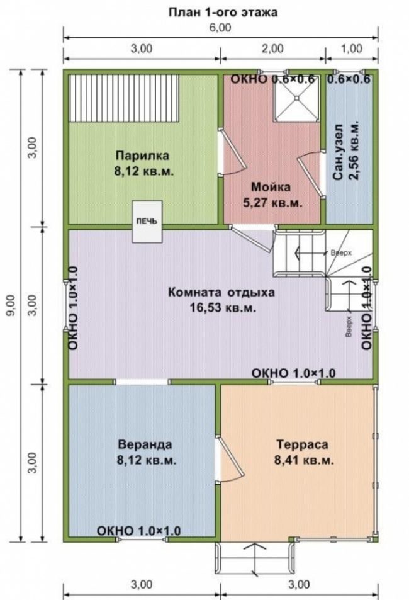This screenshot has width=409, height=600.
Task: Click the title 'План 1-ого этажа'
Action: pyautogui.click(x=223, y=12)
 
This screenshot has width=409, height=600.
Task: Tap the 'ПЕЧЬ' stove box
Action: pyautogui.click(x=147, y=221)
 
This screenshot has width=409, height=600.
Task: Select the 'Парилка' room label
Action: pyautogui.click(x=142, y=156)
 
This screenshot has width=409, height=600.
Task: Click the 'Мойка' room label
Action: pyautogui.click(x=271, y=187)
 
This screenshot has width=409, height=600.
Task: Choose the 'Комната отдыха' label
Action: pyautogui.click(x=221, y=292)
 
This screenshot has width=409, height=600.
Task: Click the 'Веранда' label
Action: pyautogui.click(x=145, y=444)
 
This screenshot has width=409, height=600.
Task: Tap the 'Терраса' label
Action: pyautogui.click(x=302, y=444)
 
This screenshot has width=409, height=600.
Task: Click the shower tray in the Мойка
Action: pyautogui.click(x=296, y=99)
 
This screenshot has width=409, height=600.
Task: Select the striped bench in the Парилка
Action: pyautogui.click(x=124, y=98)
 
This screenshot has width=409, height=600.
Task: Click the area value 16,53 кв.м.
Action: pyautogui.click(x=223, y=307)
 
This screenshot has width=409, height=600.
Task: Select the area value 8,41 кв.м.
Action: pyautogui.click(x=304, y=460)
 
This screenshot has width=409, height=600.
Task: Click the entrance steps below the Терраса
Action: pyautogui.click(x=255, y=558)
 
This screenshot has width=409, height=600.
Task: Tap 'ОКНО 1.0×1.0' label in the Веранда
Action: pyautogui.click(x=138, y=531)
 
